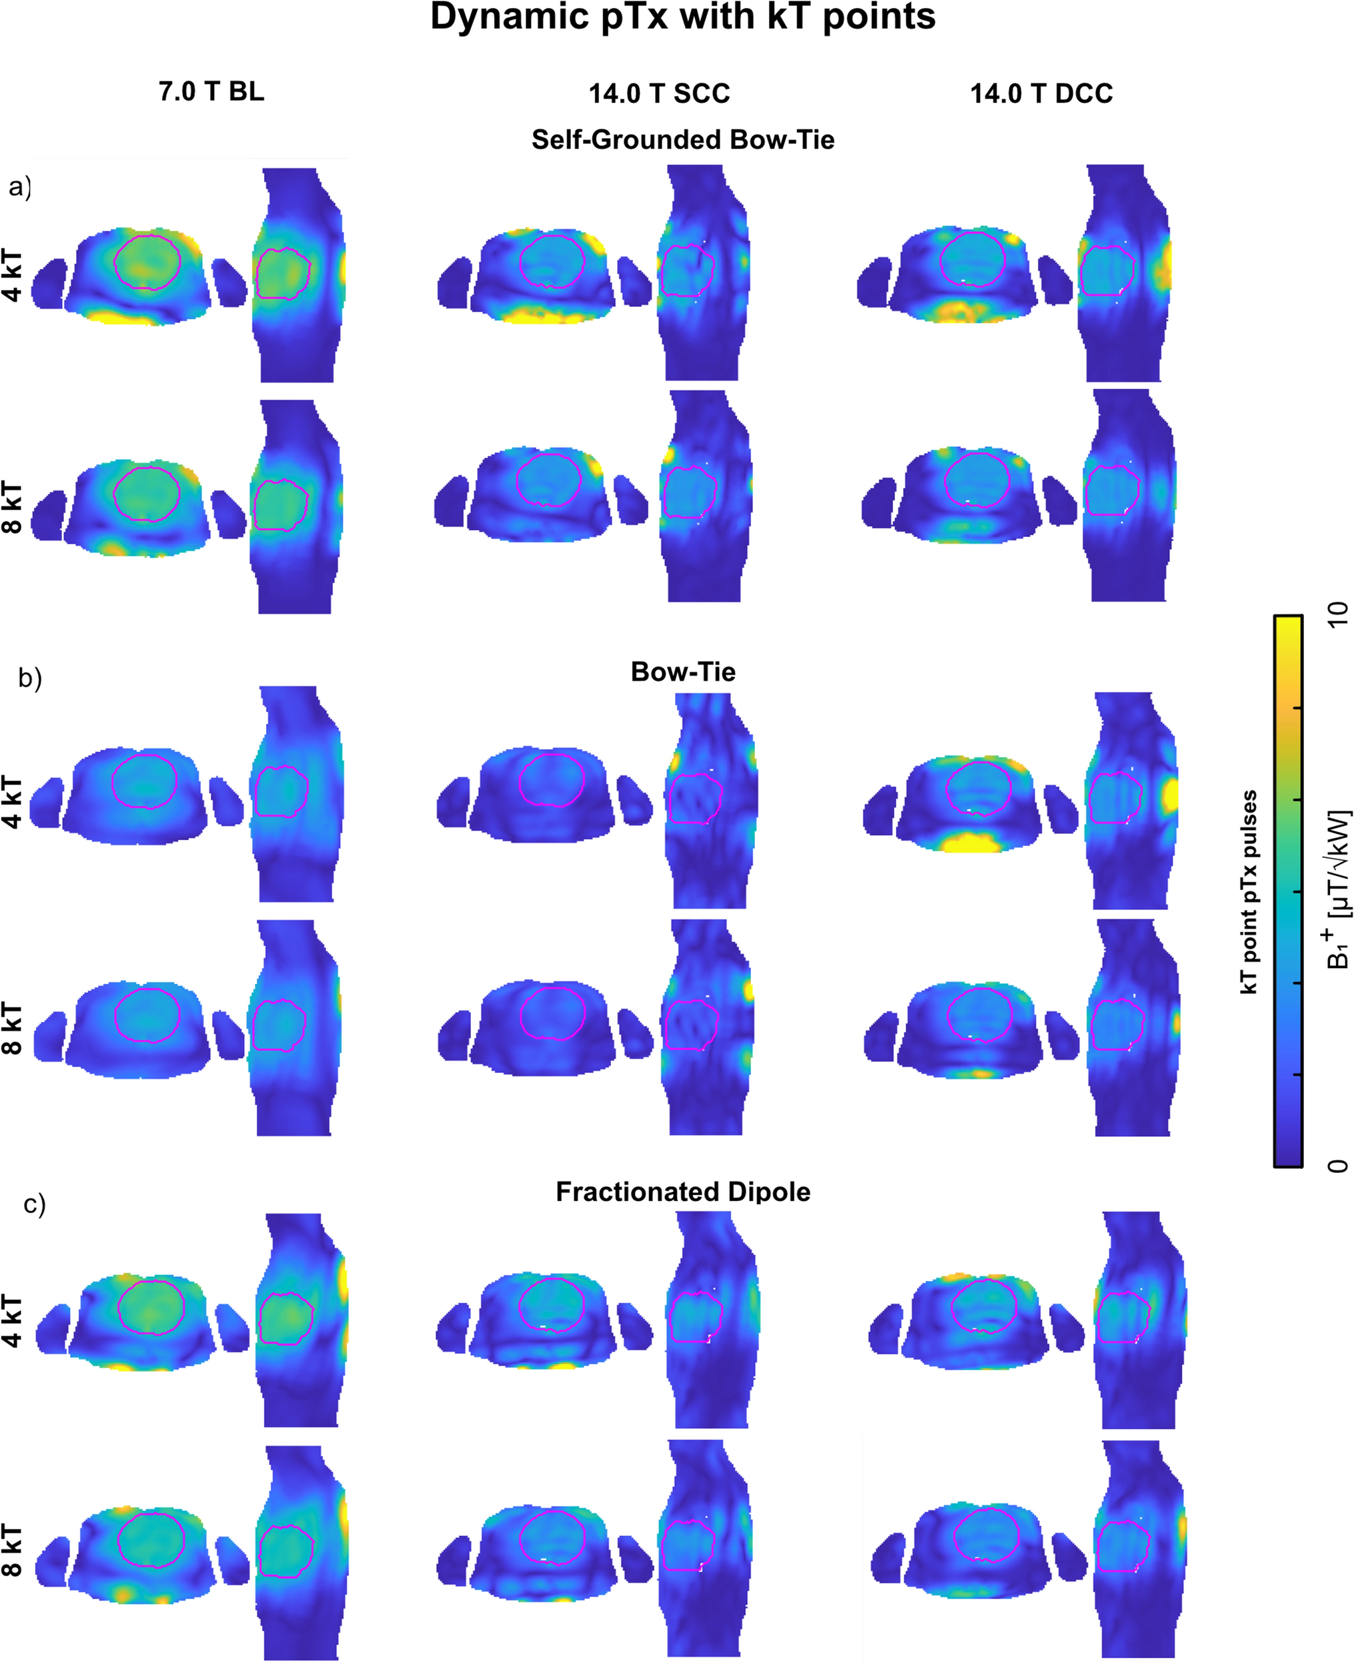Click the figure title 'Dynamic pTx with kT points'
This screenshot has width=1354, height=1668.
682,17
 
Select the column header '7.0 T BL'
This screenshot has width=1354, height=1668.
211,91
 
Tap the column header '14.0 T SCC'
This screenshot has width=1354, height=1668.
659,93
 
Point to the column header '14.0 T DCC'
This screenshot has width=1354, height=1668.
1041,93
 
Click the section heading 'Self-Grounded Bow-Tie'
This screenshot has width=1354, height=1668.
683,139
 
